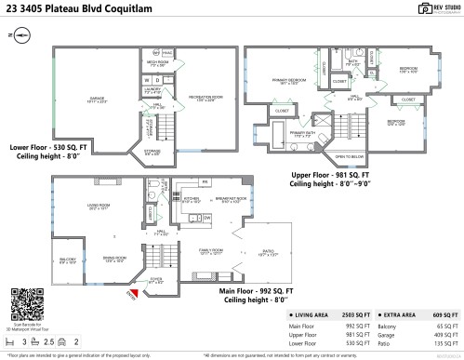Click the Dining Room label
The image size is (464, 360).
pyautogui.click(x=114, y=260)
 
